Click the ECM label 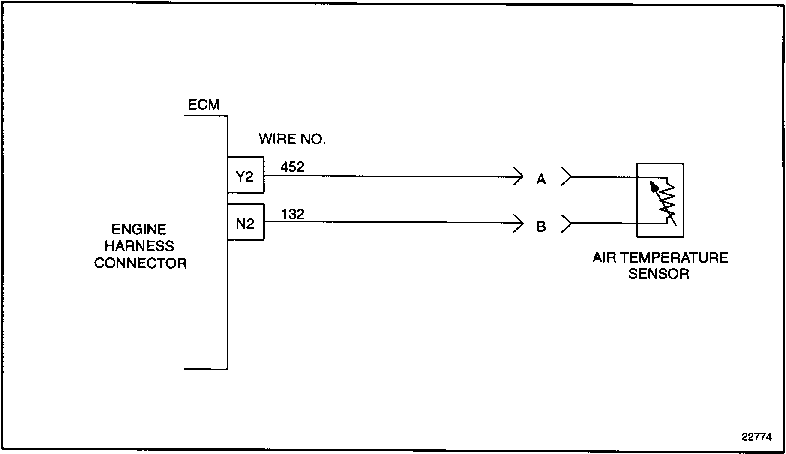(204, 105)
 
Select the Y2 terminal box (245, 175)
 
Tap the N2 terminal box (245, 223)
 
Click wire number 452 (292, 167)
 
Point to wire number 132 (293, 214)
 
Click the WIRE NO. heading (292, 139)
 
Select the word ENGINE (139, 230)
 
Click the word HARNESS (139, 246)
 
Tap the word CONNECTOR (140, 263)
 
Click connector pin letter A (541, 179)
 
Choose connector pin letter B (541, 226)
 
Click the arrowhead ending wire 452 (519, 176)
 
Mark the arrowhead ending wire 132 (519, 223)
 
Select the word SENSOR (658, 274)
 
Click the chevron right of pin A (567, 176)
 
